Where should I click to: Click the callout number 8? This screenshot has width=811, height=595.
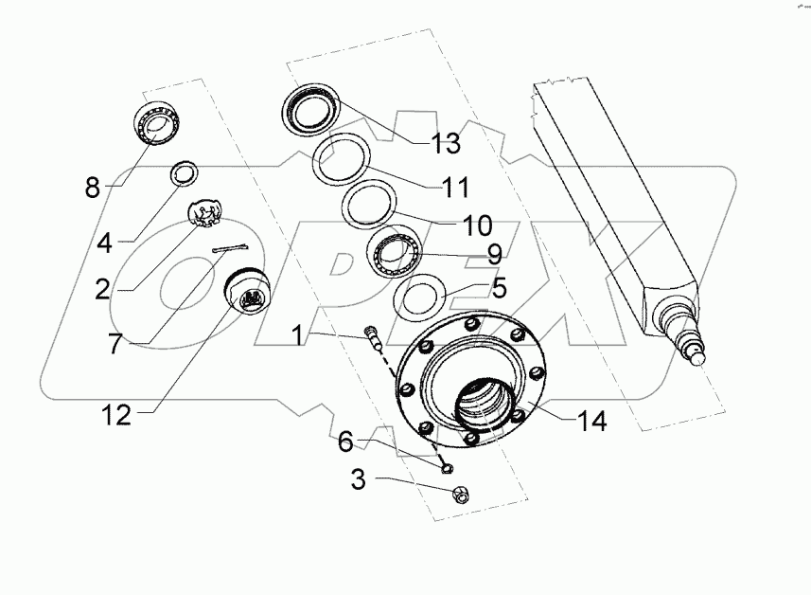click(x=92, y=186)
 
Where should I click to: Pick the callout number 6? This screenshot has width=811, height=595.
click(x=346, y=442)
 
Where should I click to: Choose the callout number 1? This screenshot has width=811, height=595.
click(x=297, y=335)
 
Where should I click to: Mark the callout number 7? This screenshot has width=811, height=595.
click(x=115, y=343)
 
